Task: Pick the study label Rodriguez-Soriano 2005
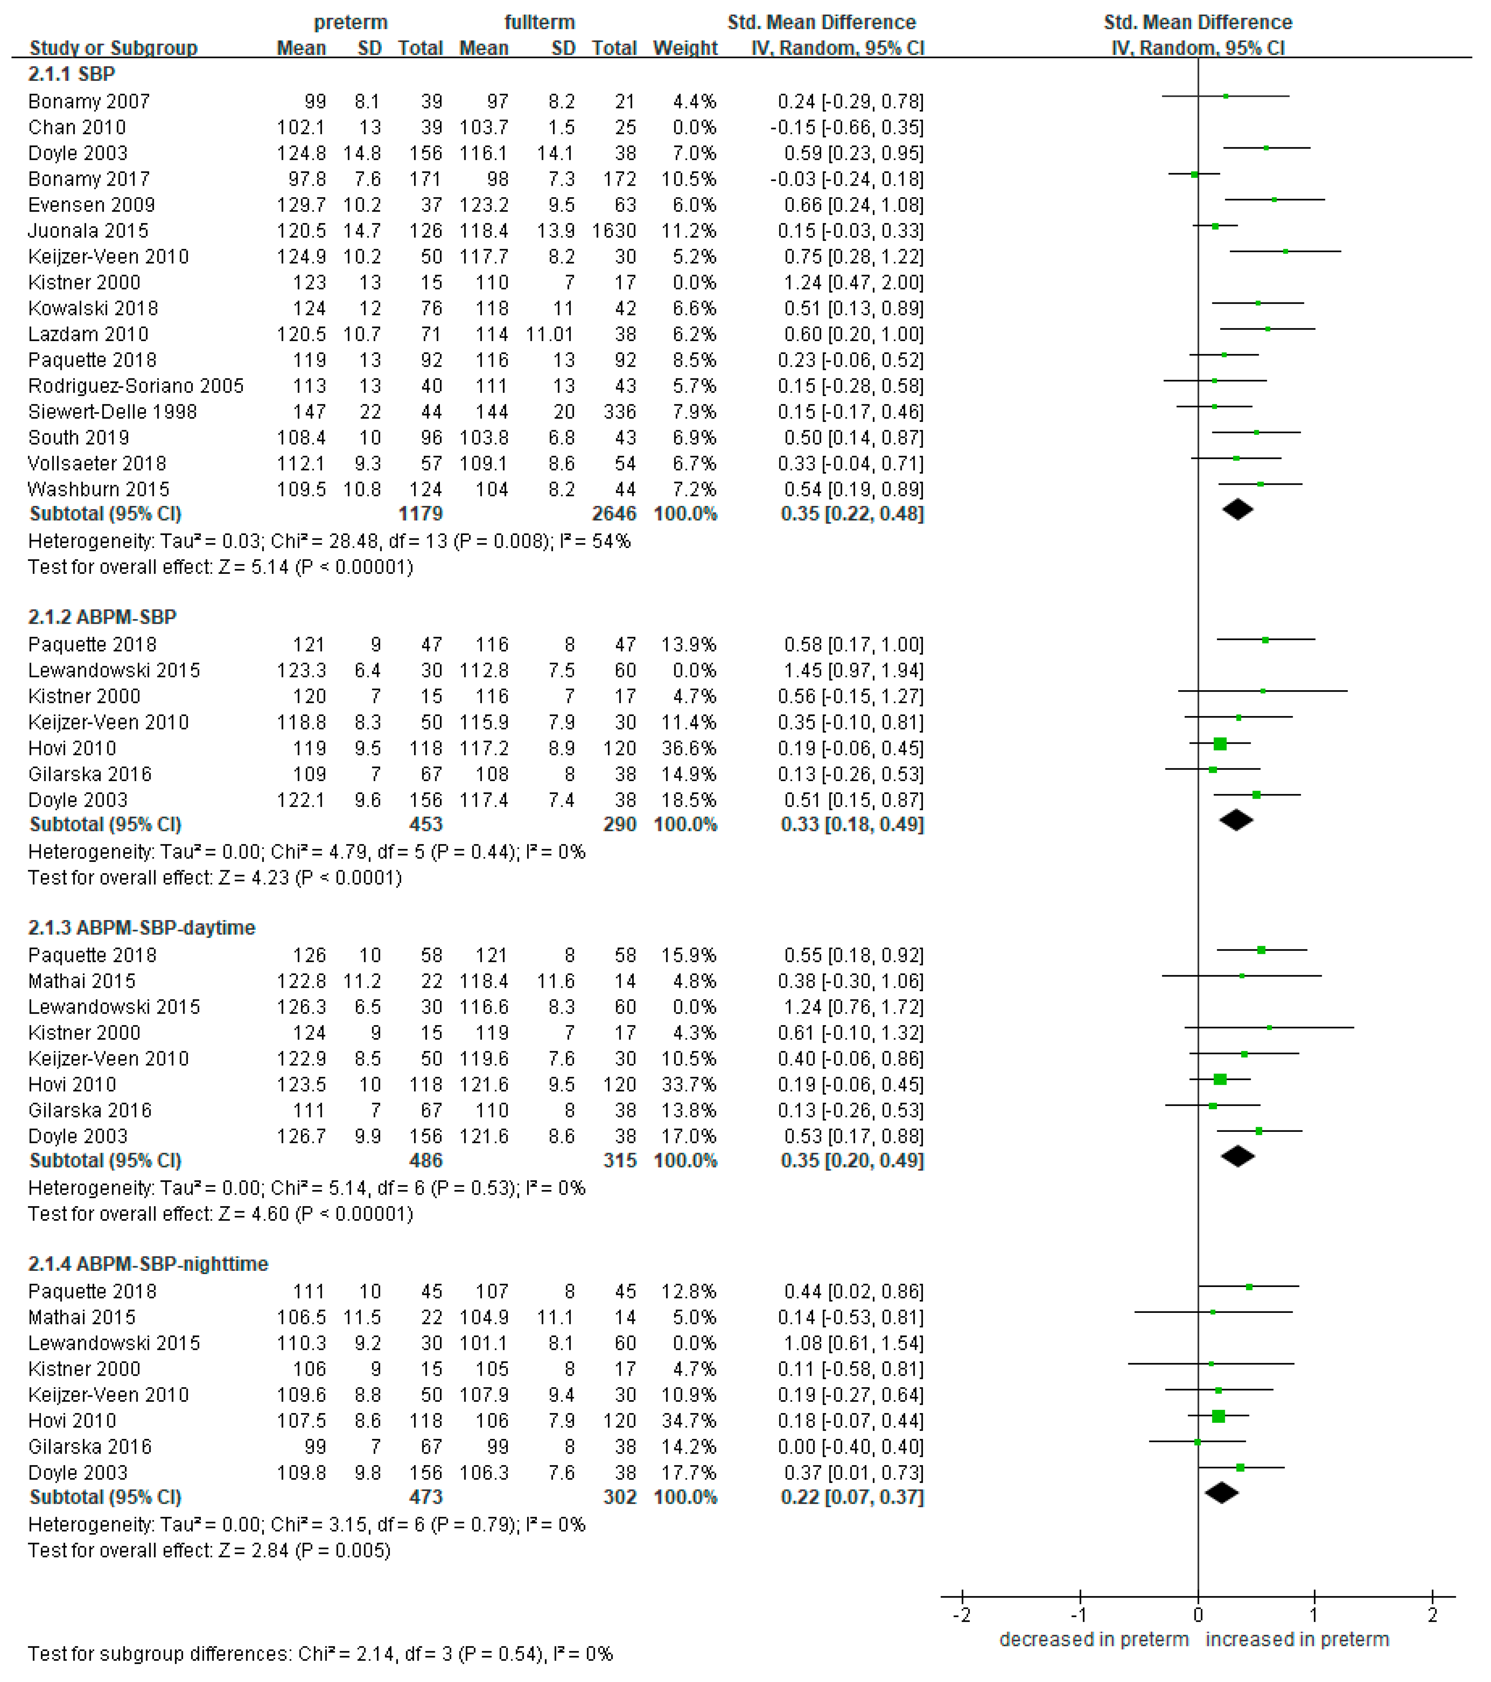click(136, 386)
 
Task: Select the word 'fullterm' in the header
click(540, 22)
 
